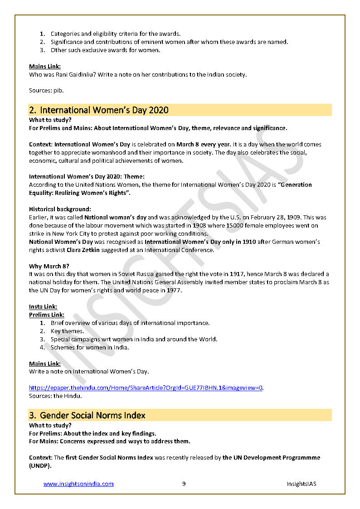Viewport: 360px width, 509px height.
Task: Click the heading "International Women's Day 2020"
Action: pos(104,110)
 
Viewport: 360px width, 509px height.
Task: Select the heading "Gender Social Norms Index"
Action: pos(92,415)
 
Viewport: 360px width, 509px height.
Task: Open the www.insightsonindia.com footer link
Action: pos(78,484)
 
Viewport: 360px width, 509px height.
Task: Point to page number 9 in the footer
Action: pos(184,484)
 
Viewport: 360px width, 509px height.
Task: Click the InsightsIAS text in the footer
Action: pos(301,484)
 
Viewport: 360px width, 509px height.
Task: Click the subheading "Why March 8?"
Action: pos(49,266)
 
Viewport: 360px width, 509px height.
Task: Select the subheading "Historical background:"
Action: pos(60,209)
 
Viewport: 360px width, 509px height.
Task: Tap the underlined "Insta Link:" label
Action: pos(43,307)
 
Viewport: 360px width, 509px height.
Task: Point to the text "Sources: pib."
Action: pos(46,91)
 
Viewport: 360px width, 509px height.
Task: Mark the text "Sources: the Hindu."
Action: pos(55,396)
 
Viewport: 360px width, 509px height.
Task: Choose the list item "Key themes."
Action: pos(67,331)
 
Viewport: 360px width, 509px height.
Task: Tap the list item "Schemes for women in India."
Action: pos(90,348)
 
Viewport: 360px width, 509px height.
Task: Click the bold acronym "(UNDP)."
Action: pos(40,465)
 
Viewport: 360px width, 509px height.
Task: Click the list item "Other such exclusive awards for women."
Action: pos(105,50)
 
